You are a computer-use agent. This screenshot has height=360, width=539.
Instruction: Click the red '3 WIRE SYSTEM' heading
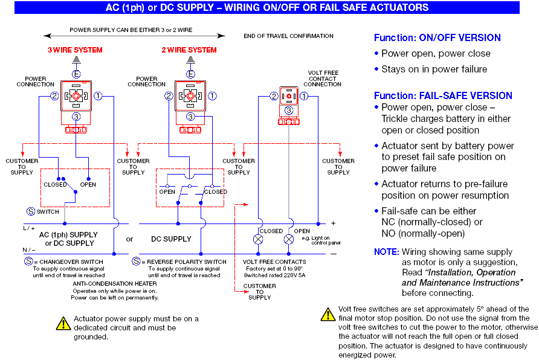click(75, 50)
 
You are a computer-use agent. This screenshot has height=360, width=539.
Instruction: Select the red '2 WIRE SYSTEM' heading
click(189, 50)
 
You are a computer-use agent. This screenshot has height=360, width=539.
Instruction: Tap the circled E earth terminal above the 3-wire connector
click(76, 74)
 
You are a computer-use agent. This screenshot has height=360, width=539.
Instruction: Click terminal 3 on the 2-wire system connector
click(190, 117)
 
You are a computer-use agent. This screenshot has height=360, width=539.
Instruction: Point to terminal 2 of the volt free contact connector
click(274, 96)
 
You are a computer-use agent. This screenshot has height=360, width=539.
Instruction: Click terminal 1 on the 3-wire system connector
click(98, 96)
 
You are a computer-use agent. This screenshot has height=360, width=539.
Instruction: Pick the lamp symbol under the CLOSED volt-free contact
click(258, 239)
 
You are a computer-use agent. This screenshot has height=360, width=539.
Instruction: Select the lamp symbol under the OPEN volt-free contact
click(289, 239)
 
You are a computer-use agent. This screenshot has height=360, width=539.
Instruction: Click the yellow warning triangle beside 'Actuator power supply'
click(63, 323)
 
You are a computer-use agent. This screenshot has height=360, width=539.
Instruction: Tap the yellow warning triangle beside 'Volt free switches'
click(328, 314)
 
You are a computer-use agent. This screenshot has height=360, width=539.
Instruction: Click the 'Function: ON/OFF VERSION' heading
click(437, 38)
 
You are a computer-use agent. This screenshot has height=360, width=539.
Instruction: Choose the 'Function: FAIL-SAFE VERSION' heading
click(443, 95)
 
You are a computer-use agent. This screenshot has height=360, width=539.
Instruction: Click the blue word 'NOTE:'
click(386, 252)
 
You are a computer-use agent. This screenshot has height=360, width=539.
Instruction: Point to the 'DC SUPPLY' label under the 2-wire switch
click(171, 239)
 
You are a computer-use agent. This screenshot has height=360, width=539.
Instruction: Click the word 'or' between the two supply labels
click(129, 239)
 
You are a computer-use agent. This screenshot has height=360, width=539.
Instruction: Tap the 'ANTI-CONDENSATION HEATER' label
click(115, 284)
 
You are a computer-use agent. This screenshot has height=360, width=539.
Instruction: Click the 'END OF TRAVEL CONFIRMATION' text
click(288, 36)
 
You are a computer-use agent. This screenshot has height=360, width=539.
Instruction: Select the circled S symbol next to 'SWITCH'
click(31, 211)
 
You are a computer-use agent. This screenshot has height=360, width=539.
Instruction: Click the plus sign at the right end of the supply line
click(333, 223)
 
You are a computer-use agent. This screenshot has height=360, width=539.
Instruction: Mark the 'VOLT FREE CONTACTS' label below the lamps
click(274, 262)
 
